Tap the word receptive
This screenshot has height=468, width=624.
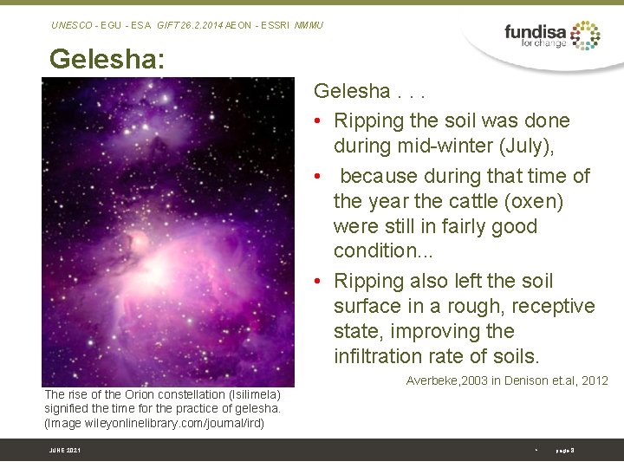tap(553, 306)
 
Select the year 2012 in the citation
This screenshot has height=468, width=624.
tap(594, 381)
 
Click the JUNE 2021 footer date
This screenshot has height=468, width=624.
tap(64, 451)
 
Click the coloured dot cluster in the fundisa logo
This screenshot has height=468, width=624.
tap(586, 35)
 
